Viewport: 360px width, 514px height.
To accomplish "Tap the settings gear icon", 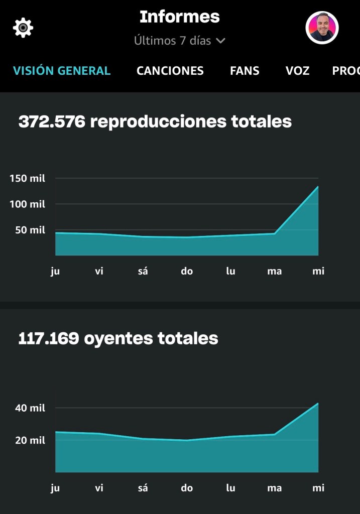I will click(x=23, y=28).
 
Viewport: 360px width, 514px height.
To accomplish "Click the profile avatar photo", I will click(x=322, y=28).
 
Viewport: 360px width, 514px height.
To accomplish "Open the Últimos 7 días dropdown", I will click(x=180, y=41).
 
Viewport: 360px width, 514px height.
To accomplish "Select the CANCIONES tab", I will click(x=170, y=71).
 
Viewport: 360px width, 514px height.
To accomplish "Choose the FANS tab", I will click(x=245, y=71).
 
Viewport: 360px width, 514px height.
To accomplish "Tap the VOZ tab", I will click(x=297, y=71).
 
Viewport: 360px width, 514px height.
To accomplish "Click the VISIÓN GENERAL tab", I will click(x=62, y=71).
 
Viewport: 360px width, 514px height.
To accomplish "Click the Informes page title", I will click(x=180, y=17).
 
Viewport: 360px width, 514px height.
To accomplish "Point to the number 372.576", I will click(x=51, y=121).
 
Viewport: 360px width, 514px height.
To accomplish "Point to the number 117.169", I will click(x=48, y=338).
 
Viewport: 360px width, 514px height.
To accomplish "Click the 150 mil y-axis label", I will click(x=27, y=178).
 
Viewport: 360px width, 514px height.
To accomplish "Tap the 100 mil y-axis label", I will click(x=27, y=204).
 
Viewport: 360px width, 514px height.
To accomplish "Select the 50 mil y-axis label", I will click(x=30, y=230).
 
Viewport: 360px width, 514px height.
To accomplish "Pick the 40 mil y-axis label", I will click(x=30, y=408).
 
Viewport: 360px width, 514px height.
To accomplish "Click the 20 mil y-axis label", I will click(x=30, y=440).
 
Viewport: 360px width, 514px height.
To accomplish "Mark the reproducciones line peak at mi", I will click(x=318, y=187).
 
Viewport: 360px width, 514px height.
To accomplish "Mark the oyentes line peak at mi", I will click(x=318, y=403).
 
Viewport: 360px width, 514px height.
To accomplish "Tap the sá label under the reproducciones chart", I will click(x=143, y=272).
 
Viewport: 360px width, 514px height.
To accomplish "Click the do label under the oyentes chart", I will click(x=187, y=488).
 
